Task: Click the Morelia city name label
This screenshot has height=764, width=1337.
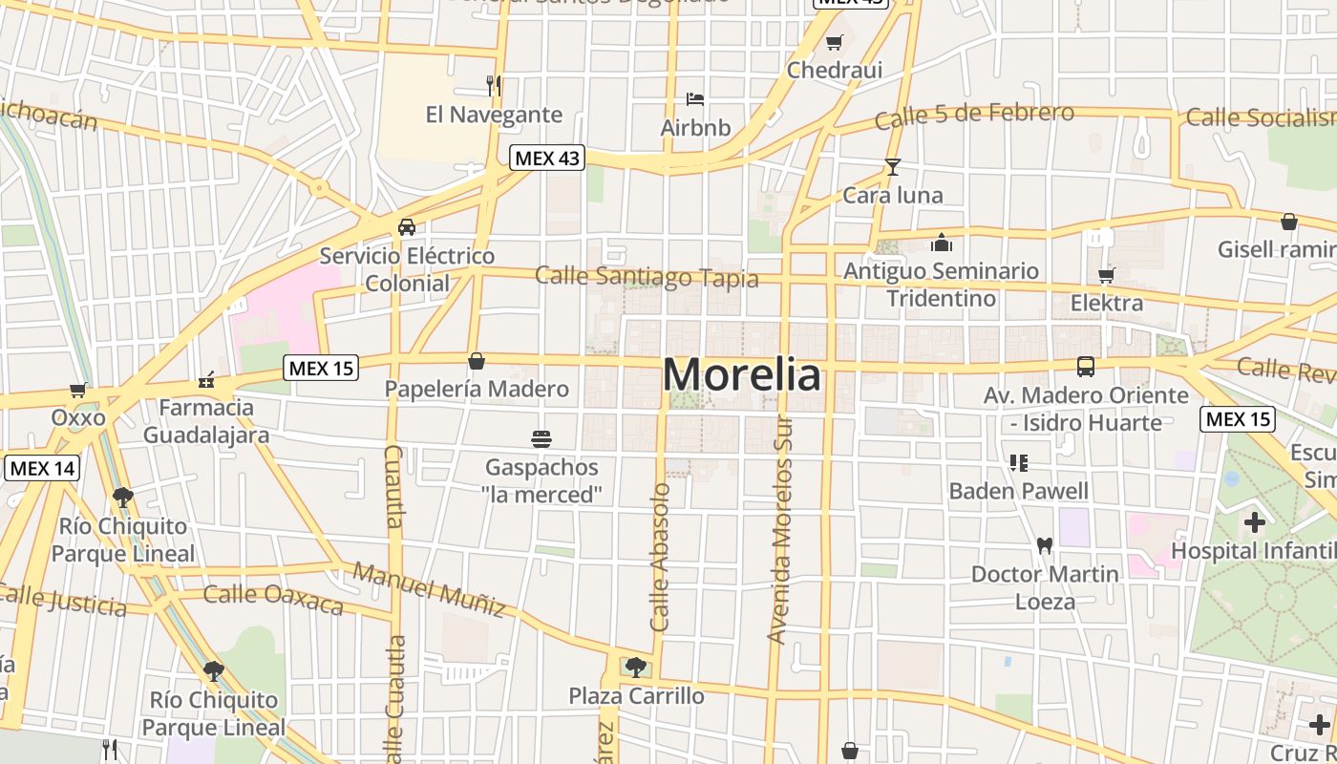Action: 741,374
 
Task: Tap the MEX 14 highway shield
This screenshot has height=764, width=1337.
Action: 41,468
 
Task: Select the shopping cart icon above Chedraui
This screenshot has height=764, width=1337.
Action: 835,42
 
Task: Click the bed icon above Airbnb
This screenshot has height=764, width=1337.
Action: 695,99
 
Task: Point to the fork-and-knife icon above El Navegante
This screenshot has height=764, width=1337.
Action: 494,86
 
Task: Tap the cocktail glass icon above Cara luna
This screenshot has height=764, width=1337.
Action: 893,167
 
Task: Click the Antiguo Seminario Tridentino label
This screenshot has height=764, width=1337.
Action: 941,285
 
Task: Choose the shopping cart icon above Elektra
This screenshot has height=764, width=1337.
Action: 1106,276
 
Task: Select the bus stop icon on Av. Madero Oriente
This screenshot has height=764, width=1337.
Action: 1086,367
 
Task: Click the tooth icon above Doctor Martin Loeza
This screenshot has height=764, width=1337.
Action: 1044,546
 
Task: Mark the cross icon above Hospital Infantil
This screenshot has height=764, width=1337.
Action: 1255,522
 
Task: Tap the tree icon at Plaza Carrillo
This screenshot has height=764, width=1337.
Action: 636,668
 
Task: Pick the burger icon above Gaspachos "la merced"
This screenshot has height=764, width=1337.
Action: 541,439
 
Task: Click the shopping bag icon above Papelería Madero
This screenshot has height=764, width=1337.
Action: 477,361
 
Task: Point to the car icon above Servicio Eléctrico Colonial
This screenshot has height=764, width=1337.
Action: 407,227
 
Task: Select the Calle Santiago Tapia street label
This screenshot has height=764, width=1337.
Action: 647,277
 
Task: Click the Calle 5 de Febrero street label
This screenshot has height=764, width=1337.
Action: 974,116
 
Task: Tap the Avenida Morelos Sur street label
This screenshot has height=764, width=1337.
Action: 781,530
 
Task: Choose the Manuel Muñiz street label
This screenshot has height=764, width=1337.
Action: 429,589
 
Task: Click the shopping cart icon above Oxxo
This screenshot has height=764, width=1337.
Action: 78,390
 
